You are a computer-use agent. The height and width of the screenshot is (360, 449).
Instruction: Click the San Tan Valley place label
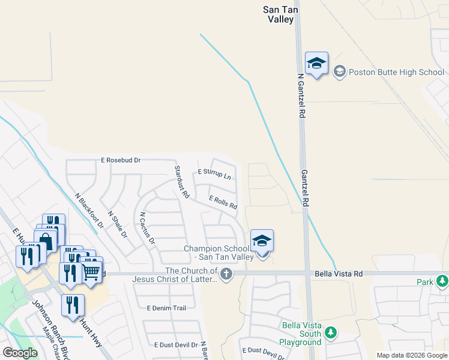279,14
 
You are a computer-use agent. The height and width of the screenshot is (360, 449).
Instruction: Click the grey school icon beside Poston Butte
339,72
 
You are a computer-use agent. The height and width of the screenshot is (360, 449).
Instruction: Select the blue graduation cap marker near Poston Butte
316,64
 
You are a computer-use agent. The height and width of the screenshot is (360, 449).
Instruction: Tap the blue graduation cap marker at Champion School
262,241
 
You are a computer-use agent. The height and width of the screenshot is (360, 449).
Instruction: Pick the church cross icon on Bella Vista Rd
226,275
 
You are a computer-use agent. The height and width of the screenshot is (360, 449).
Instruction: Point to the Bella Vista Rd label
339,274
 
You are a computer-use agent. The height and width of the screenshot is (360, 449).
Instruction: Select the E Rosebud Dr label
121,160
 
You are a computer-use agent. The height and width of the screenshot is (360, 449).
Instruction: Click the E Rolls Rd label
223,202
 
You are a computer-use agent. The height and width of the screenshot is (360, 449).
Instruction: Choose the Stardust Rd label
182,182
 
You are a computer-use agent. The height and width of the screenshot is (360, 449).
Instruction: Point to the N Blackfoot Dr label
89,211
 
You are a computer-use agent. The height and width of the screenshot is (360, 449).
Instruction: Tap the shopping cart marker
91,271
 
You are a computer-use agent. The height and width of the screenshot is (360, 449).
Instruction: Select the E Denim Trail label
166,308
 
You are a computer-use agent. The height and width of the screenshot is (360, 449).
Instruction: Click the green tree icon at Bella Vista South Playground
330,332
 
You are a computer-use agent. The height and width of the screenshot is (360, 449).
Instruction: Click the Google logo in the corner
20,353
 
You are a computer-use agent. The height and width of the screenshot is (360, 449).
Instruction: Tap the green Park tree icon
442,281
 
